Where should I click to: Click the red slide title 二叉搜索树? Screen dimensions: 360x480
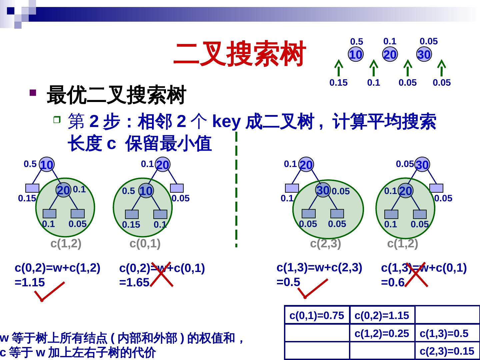point(239,54)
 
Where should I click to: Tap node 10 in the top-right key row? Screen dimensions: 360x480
point(356,55)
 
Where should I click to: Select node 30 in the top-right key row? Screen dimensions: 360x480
point(424,55)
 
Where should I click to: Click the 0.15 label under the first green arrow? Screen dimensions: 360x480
point(338,83)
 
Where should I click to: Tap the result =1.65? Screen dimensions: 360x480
point(134,283)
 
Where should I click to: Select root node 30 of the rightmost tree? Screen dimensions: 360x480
point(422,165)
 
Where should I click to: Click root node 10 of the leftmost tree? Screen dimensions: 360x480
point(47,165)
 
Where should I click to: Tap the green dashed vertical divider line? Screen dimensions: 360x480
point(236,189)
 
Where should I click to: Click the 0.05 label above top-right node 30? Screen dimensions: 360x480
point(428,41)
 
